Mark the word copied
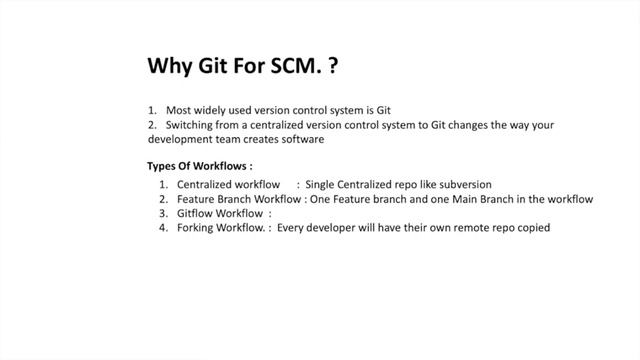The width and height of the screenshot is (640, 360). (x=530, y=227)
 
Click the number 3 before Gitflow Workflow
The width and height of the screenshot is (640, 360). (x=162, y=213)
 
